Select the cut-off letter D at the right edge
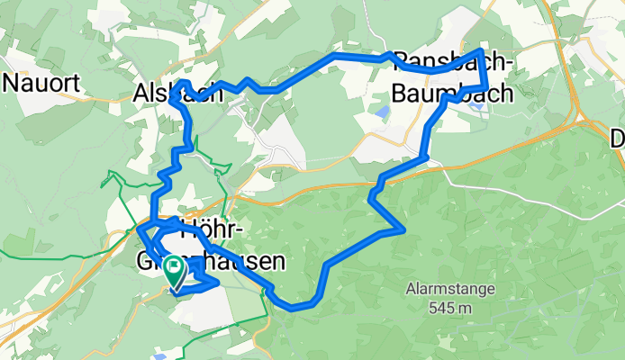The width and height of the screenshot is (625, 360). coord(617,139)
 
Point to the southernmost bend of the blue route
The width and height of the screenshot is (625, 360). coord(293,308)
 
